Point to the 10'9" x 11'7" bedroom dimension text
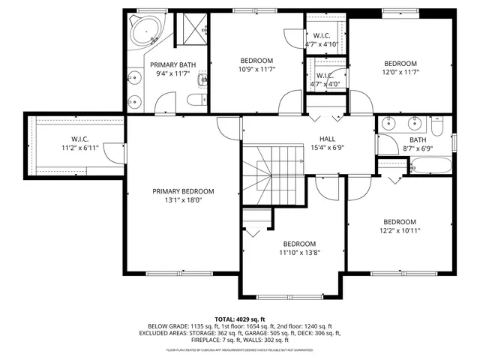click(x=256, y=70)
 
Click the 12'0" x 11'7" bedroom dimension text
click(x=400, y=73)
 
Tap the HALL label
click(x=328, y=139)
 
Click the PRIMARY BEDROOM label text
click(x=183, y=191)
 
